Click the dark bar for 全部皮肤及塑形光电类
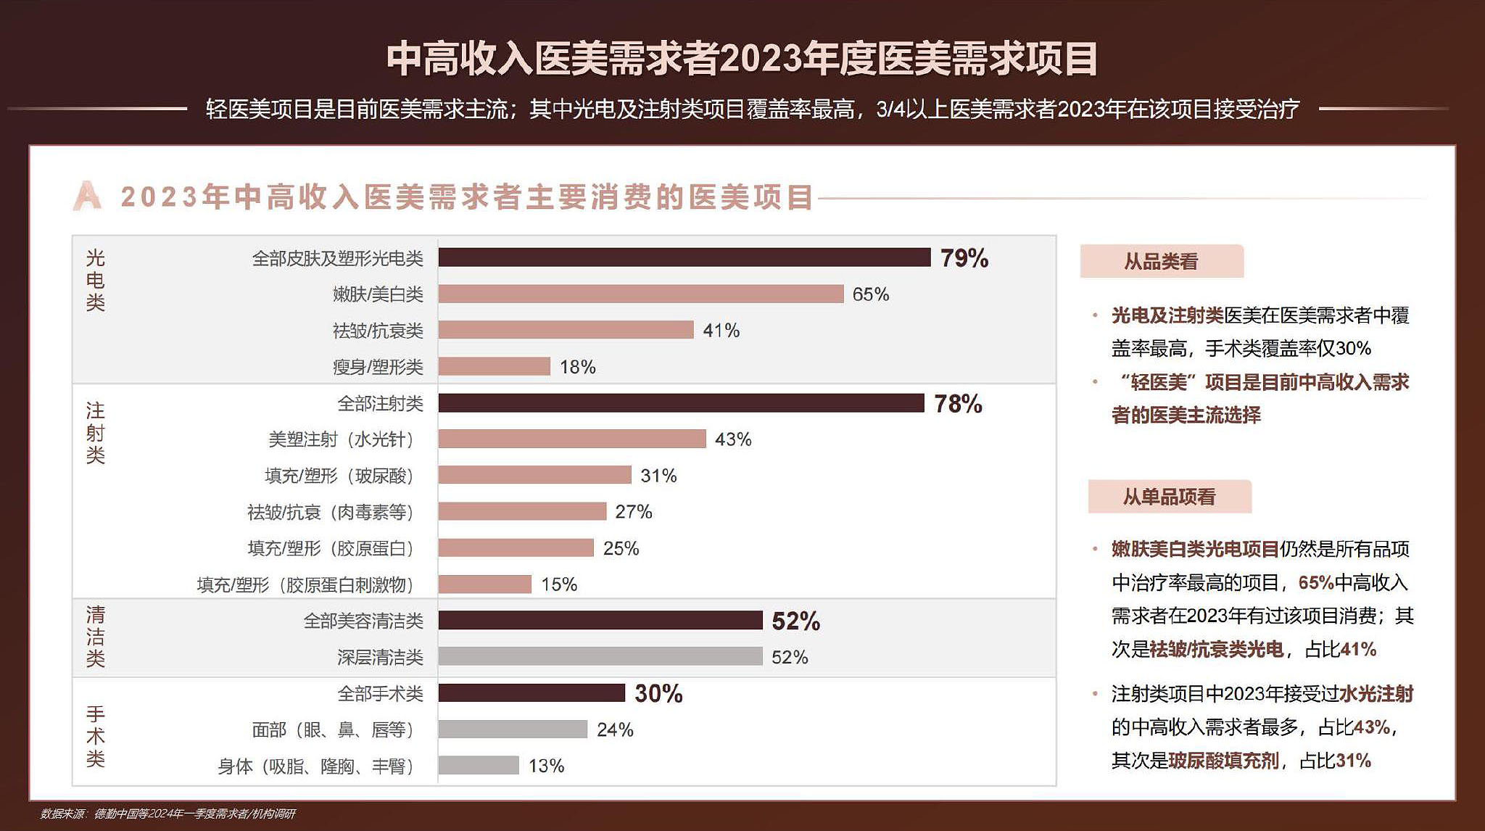(x=684, y=257)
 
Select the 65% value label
(x=870, y=294)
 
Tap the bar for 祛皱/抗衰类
(x=566, y=330)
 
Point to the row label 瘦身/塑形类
(x=378, y=367)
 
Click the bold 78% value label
(x=958, y=404)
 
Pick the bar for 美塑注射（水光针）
(x=571, y=439)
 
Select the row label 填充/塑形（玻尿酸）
(x=340, y=476)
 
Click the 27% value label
(x=633, y=512)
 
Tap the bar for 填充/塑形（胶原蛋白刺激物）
(x=484, y=584)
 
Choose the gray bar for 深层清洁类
(x=600, y=657)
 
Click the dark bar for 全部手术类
(x=531, y=693)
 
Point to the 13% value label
(x=546, y=766)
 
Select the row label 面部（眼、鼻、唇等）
(x=334, y=729)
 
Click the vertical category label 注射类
(x=96, y=433)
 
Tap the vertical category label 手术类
(x=96, y=736)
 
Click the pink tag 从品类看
(x=1161, y=262)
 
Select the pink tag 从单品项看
(x=1169, y=497)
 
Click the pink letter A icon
(x=87, y=197)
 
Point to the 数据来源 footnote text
(x=167, y=814)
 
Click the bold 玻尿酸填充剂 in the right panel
(x=1223, y=761)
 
